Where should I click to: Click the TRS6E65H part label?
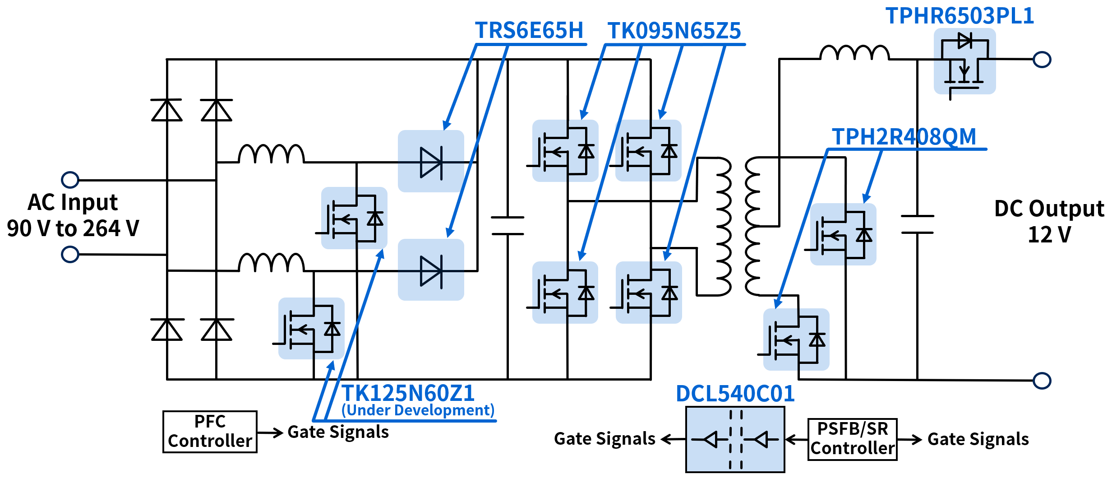pos(529,31)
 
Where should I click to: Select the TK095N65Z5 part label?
pos(674,31)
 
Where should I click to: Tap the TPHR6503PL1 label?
pos(960,16)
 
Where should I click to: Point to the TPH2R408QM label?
pos(904,136)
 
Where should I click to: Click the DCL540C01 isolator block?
pos(735,439)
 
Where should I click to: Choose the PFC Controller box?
pos(210,432)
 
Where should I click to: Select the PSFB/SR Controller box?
pos(852,439)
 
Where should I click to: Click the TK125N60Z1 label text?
pos(408,393)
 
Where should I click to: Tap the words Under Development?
pos(418,410)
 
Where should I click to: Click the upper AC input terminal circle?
pos(70,180)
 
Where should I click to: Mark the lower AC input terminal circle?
pos(70,254)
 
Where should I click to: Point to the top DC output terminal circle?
pos(1042,60)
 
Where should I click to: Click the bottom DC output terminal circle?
pos(1042,381)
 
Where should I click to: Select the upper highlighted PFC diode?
pos(431,162)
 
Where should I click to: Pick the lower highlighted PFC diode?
pos(431,271)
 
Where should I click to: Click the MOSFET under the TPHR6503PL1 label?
pos(964,61)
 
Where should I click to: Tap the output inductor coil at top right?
pos(854,53)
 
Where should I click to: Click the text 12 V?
pos(1049,235)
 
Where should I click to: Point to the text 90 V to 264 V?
pos(73,228)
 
